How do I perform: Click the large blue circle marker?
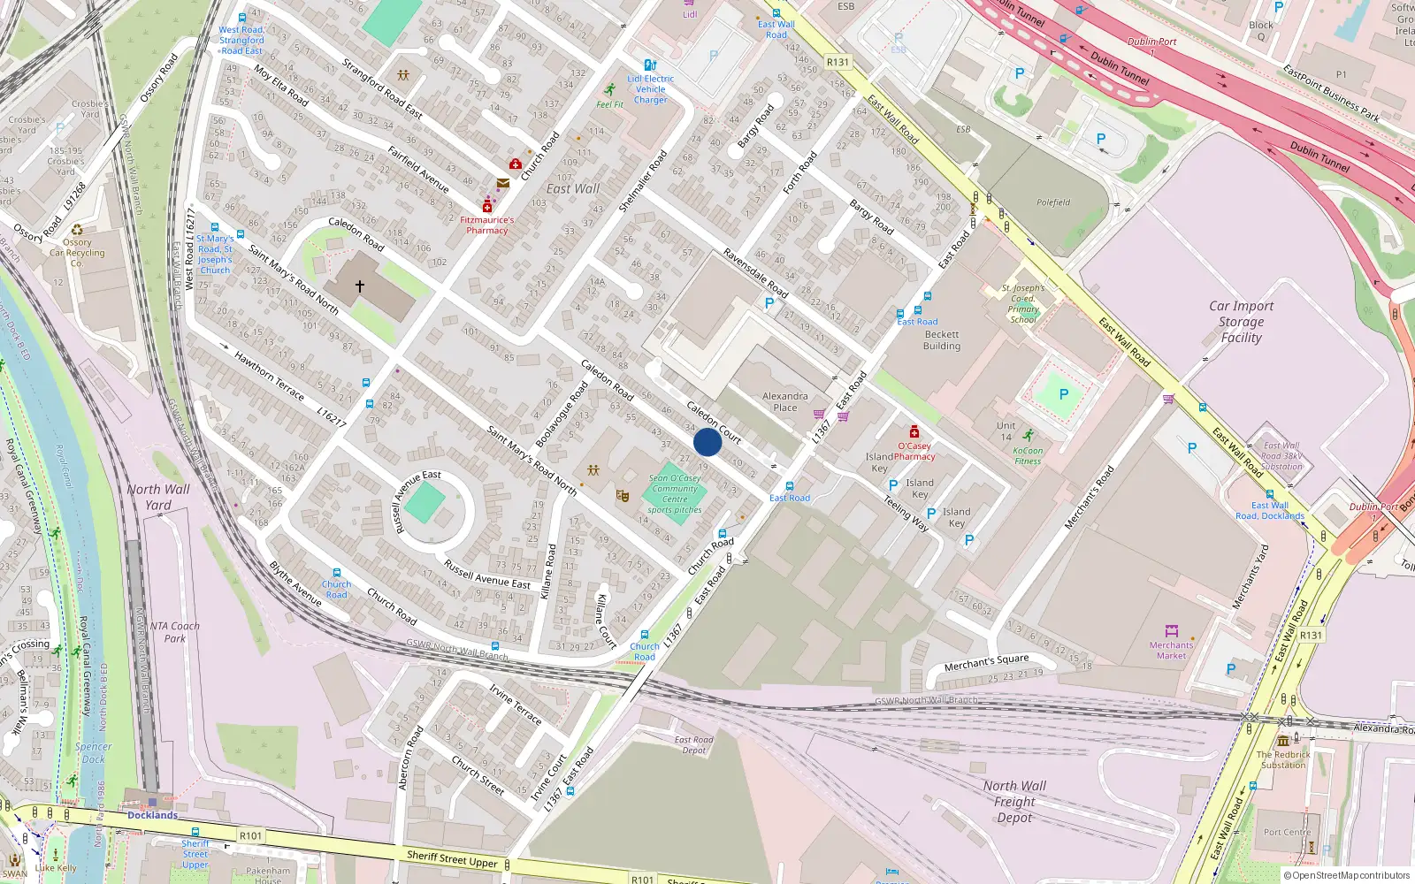(x=707, y=442)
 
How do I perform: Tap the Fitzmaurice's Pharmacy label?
(x=486, y=225)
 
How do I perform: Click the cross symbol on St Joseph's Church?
(x=360, y=286)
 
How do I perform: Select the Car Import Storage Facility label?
(x=1241, y=322)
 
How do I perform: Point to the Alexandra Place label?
(x=784, y=402)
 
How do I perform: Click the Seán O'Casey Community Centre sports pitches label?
(x=675, y=494)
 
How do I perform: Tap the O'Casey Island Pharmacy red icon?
(x=914, y=432)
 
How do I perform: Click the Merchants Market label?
(x=1171, y=651)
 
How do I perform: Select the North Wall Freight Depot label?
(x=1014, y=802)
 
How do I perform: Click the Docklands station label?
(x=152, y=815)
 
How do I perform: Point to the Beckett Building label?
(x=942, y=340)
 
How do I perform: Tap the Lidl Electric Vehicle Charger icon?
(x=650, y=65)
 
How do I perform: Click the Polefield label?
(x=1053, y=202)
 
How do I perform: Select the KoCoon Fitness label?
(x=1028, y=456)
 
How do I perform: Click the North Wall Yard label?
(x=158, y=497)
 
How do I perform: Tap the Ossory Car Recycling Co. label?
(x=77, y=253)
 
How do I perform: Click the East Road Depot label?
(x=693, y=745)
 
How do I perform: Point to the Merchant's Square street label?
(x=986, y=662)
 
